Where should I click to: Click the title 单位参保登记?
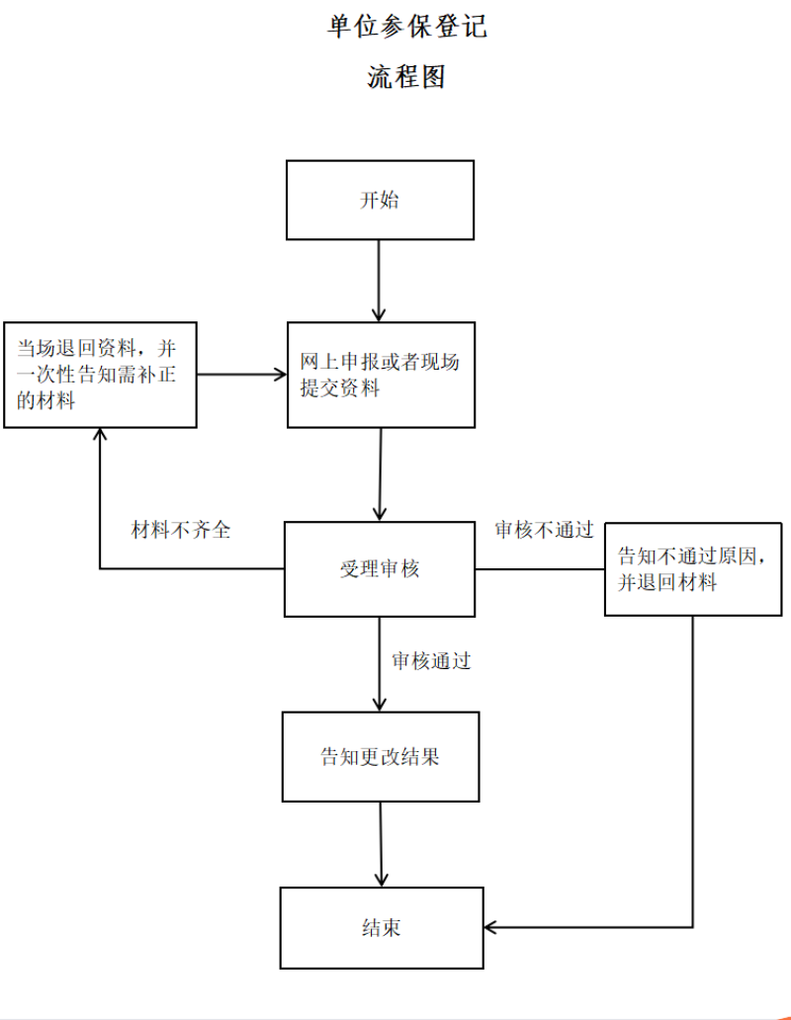[x=407, y=26]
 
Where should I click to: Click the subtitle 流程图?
[x=406, y=77]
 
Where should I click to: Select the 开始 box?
[x=380, y=201]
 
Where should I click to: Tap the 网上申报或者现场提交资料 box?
[x=382, y=375]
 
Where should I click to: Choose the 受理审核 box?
[x=380, y=569]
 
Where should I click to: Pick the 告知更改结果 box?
[x=381, y=756]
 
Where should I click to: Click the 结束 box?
[x=382, y=928]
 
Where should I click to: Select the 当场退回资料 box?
[x=100, y=375]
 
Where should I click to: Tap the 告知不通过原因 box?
[x=693, y=569]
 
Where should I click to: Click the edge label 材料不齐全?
[x=181, y=530]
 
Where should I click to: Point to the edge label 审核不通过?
[x=545, y=530]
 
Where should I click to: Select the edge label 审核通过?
[x=431, y=661]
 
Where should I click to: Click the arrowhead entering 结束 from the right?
[x=489, y=927]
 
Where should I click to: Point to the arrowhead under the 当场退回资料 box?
[x=100, y=434]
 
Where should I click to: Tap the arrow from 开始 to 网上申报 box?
[x=379, y=281]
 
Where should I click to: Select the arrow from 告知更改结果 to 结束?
[x=382, y=844]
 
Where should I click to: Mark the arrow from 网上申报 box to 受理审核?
[x=381, y=474]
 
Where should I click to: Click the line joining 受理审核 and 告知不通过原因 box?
[x=540, y=569]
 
